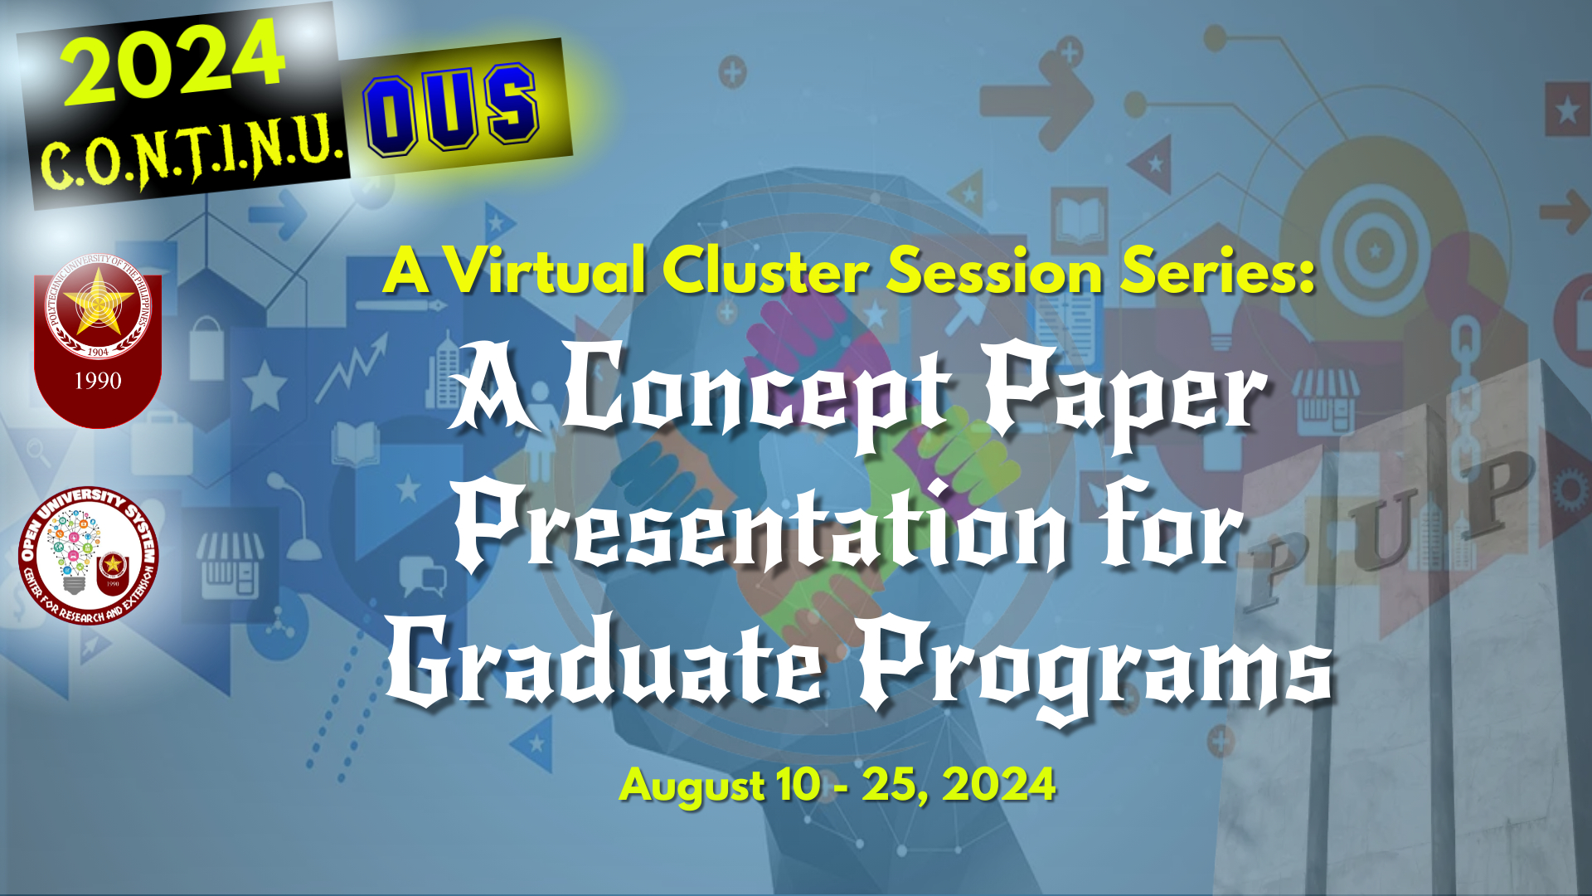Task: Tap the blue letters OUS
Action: coord(451,109)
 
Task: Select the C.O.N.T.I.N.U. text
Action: coord(192,153)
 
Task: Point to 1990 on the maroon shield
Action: coord(98,381)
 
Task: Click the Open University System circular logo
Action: coord(88,555)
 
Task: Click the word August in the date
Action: coord(692,785)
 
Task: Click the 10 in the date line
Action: coord(799,784)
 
